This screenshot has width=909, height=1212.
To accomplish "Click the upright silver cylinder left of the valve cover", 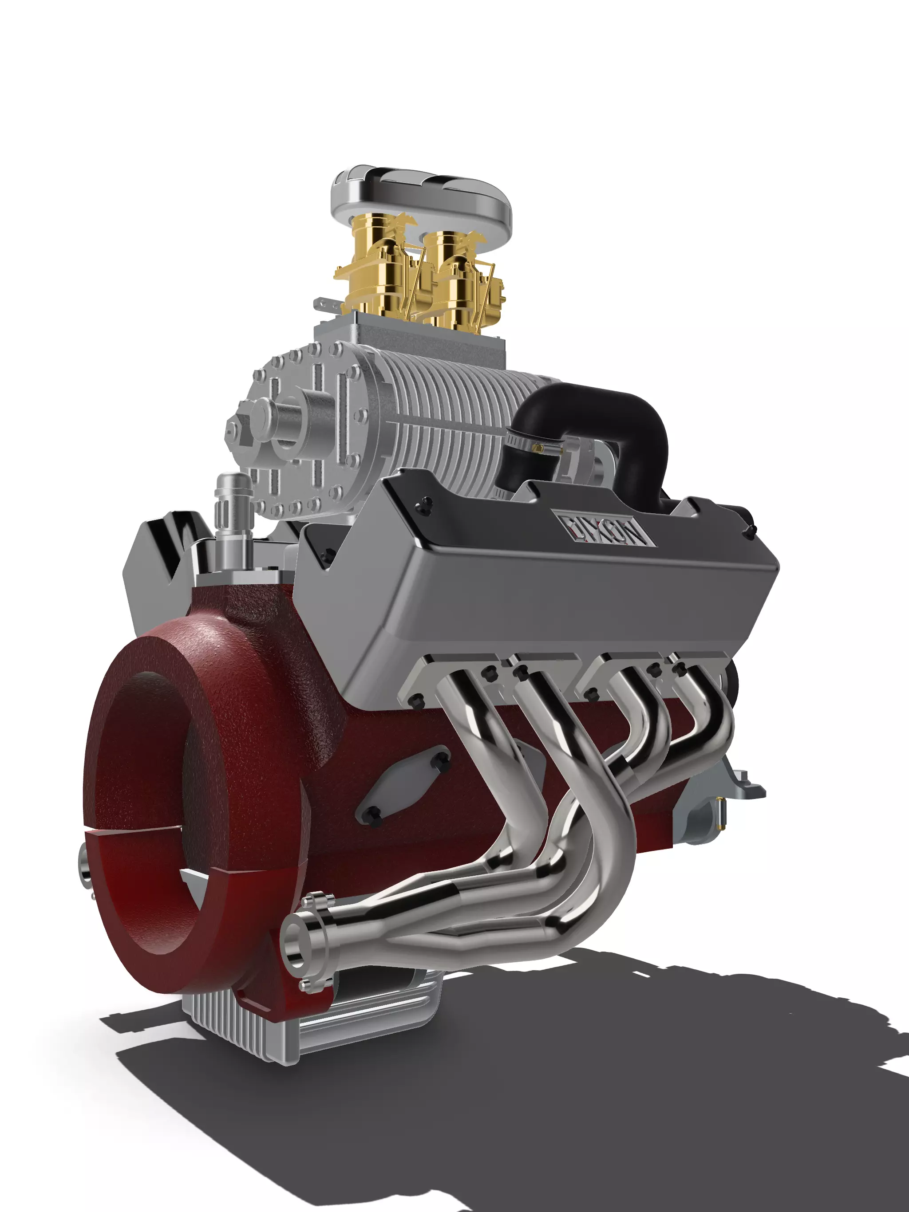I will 233,510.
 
